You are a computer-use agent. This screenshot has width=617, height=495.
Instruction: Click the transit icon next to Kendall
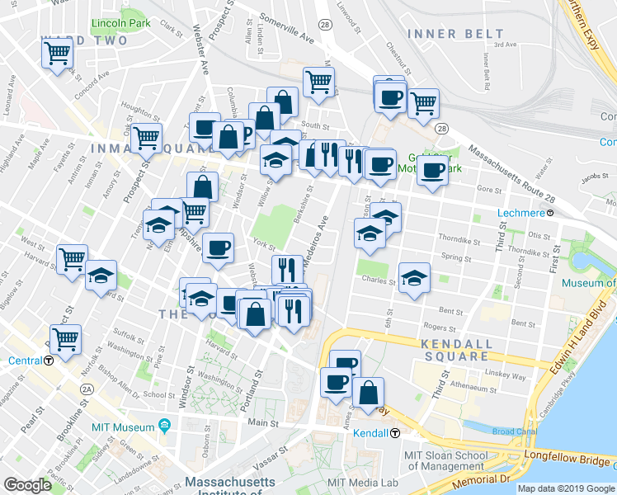(x=395, y=433)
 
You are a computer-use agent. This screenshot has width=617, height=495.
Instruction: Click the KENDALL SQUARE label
(x=455, y=350)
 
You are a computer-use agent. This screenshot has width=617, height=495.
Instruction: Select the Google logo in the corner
(x=27, y=485)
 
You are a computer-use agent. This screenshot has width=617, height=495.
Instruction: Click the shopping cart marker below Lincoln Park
(x=58, y=54)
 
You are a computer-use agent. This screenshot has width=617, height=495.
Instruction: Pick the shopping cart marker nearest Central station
(x=64, y=337)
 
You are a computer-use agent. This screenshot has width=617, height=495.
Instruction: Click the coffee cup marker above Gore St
(x=432, y=171)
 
